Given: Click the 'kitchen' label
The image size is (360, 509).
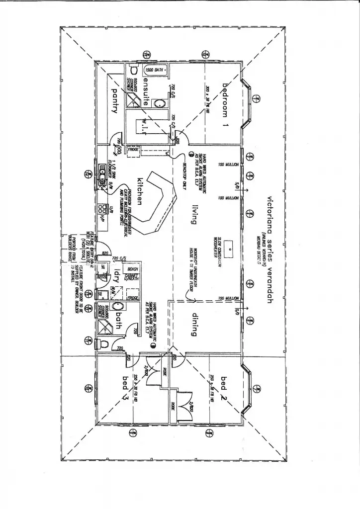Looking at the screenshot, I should click(140, 190).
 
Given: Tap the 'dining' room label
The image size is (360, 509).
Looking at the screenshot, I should click(195, 324).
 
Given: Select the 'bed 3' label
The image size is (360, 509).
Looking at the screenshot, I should click(125, 389).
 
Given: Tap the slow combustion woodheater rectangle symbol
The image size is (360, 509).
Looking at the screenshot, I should click(230, 246).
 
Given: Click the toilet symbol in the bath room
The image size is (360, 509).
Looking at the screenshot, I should click(103, 343).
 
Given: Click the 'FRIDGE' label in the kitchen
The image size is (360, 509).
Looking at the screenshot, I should click(133, 149).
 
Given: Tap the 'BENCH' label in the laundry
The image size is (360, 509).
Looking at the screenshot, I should click(133, 269).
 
